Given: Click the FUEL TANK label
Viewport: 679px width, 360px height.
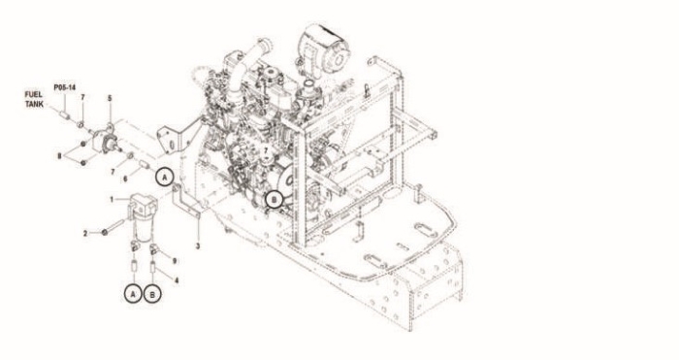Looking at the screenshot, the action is [33, 99].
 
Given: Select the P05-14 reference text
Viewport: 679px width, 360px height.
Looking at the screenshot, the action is [65, 87].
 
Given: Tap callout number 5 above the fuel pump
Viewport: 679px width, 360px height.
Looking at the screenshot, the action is [110, 99].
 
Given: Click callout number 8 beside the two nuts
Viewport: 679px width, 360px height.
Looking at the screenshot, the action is [60, 156].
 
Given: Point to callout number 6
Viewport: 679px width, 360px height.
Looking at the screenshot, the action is [125, 178].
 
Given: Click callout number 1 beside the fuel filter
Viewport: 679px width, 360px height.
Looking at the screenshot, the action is [112, 200].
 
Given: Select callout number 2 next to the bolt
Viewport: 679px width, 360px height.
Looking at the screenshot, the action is [85, 234].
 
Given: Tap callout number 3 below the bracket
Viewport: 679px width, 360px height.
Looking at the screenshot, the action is [198, 246].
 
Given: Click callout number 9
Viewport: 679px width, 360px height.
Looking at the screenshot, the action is [175, 261].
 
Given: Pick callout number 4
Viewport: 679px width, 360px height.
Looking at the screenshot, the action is [177, 280].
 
